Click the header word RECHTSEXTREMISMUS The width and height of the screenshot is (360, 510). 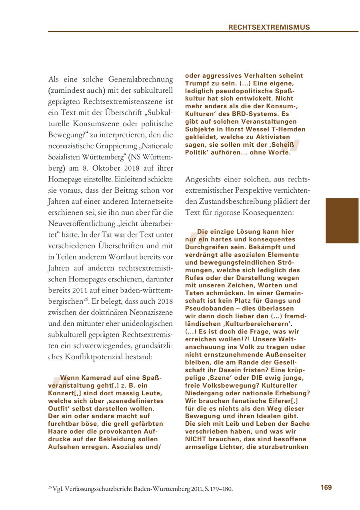(269, 27)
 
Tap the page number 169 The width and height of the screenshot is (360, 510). (326, 487)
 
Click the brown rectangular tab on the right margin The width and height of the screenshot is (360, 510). (342, 221)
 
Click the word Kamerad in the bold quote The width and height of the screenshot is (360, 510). (97, 377)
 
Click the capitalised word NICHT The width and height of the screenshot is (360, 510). (195, 439)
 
